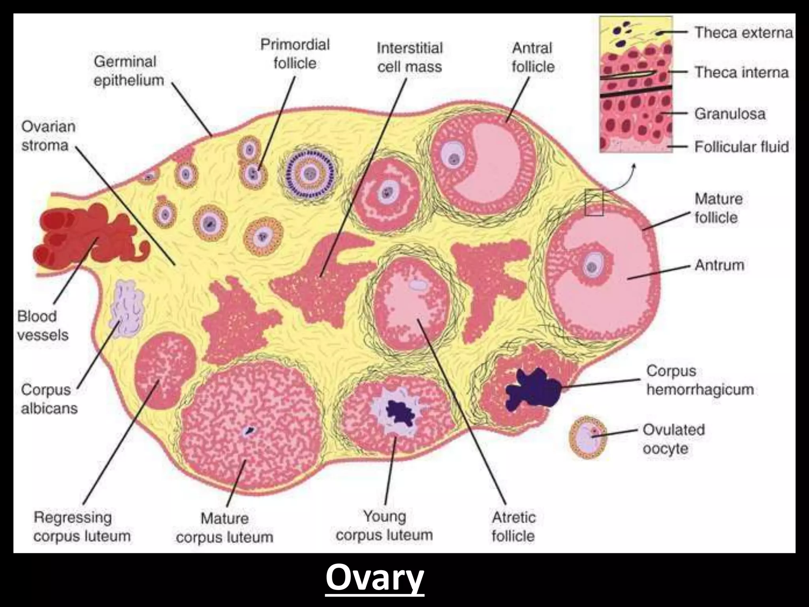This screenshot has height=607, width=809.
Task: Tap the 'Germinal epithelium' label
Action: pos(129,71)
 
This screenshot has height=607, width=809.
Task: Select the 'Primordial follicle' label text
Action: pos(295,54)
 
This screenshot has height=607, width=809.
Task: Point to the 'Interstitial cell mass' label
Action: pos(410,58)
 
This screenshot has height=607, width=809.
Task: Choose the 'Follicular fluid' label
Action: pos(741,147)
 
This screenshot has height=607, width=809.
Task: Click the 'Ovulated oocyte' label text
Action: pos(674,439)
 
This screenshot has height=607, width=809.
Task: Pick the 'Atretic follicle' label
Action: pos(514,527)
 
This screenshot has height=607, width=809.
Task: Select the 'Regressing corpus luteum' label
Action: pos(82,527)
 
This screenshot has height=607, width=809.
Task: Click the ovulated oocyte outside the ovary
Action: pos(588,437)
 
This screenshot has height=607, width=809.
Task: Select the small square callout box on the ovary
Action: pos(594,202)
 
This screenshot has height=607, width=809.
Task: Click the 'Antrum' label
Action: pos(719,265)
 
